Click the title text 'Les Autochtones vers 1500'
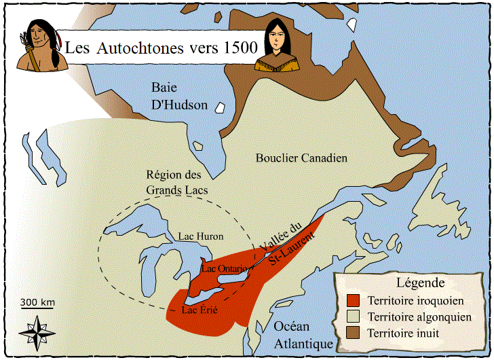coord(160,48)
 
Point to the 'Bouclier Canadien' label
coord(301,158)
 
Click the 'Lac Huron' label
coord(200,236)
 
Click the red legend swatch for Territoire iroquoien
coord(351,300)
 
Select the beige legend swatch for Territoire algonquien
coord(351,317)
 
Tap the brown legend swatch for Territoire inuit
coord(351,334)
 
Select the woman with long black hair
coord(274,46)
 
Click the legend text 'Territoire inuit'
coord(403,334)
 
